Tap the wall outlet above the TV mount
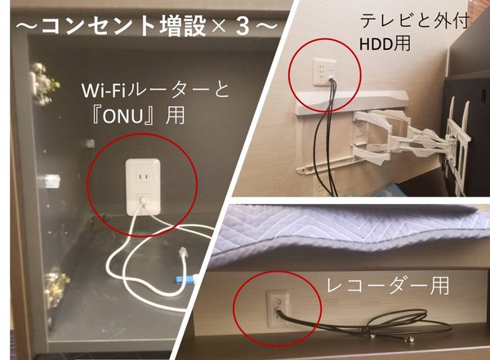(x=322, y=71)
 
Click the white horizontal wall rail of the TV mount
(x=359, y=111)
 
